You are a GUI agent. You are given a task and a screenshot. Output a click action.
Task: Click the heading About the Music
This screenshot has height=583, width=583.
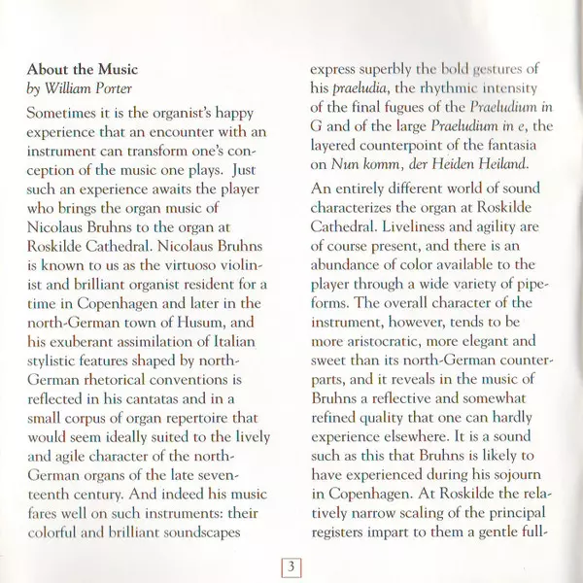(83, 70)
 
